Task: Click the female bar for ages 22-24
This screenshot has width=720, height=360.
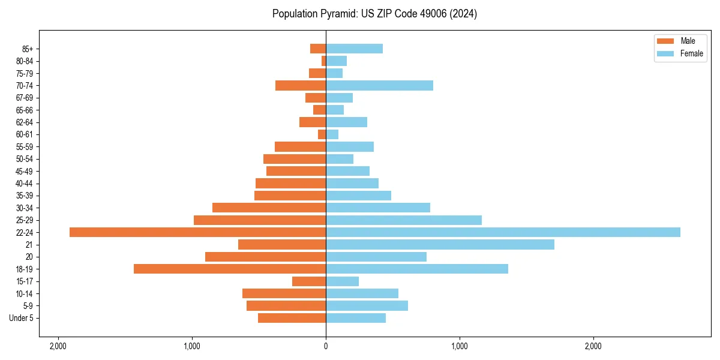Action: coord(503,232)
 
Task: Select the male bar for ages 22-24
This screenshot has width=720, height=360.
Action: coord(197,232)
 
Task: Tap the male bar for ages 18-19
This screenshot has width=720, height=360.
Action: coord(230,269)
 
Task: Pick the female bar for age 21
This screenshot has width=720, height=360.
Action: coord(440,244)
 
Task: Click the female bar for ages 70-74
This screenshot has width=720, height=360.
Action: coord(379,85)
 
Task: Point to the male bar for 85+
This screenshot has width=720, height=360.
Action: coord(318,49)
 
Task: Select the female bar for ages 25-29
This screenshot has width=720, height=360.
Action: coord(404,220)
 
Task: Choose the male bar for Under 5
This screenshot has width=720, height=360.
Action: coord(292,318)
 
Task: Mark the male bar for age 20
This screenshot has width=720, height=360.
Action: coord(265,257)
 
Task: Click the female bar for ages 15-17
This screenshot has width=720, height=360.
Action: coord(342,281)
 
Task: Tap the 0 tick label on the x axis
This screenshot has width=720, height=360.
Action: coord(326,346)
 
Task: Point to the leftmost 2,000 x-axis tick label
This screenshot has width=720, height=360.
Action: coord(58,346)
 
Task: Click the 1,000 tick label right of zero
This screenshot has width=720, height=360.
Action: coord(460,346)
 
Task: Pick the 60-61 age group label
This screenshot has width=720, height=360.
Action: coord(25,134)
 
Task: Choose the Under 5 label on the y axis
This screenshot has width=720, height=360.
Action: coord(22,318)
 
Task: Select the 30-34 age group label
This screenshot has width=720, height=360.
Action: coord(25,208)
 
